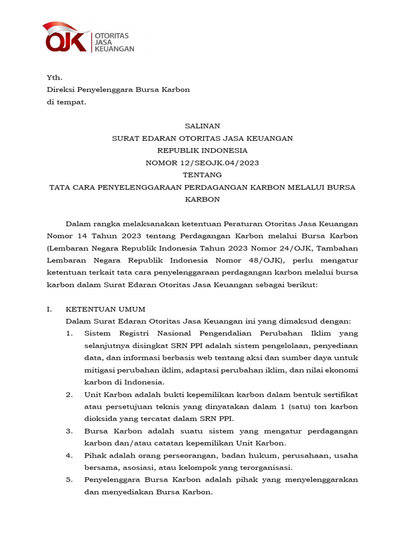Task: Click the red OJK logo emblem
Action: (66, 38)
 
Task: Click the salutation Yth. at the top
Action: (54, 78)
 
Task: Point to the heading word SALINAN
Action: (202, 126)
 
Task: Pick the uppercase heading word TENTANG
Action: (202, 175)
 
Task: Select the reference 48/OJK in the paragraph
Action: (265, 260)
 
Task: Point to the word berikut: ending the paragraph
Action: (298, 284)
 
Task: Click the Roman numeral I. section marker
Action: (50, 309)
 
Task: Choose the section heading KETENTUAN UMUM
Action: (105, 309)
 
